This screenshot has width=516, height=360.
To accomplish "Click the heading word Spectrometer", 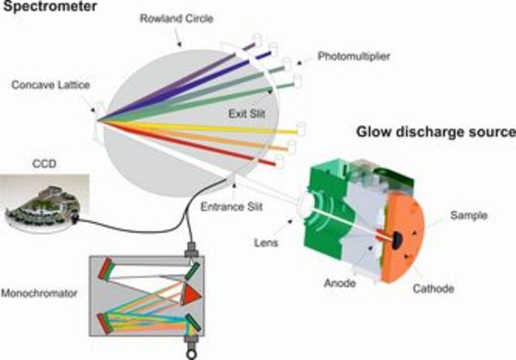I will click(41, 7).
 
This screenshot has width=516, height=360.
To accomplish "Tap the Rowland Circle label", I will click(166, 19).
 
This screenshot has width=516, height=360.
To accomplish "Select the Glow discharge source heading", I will click(434, 131).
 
